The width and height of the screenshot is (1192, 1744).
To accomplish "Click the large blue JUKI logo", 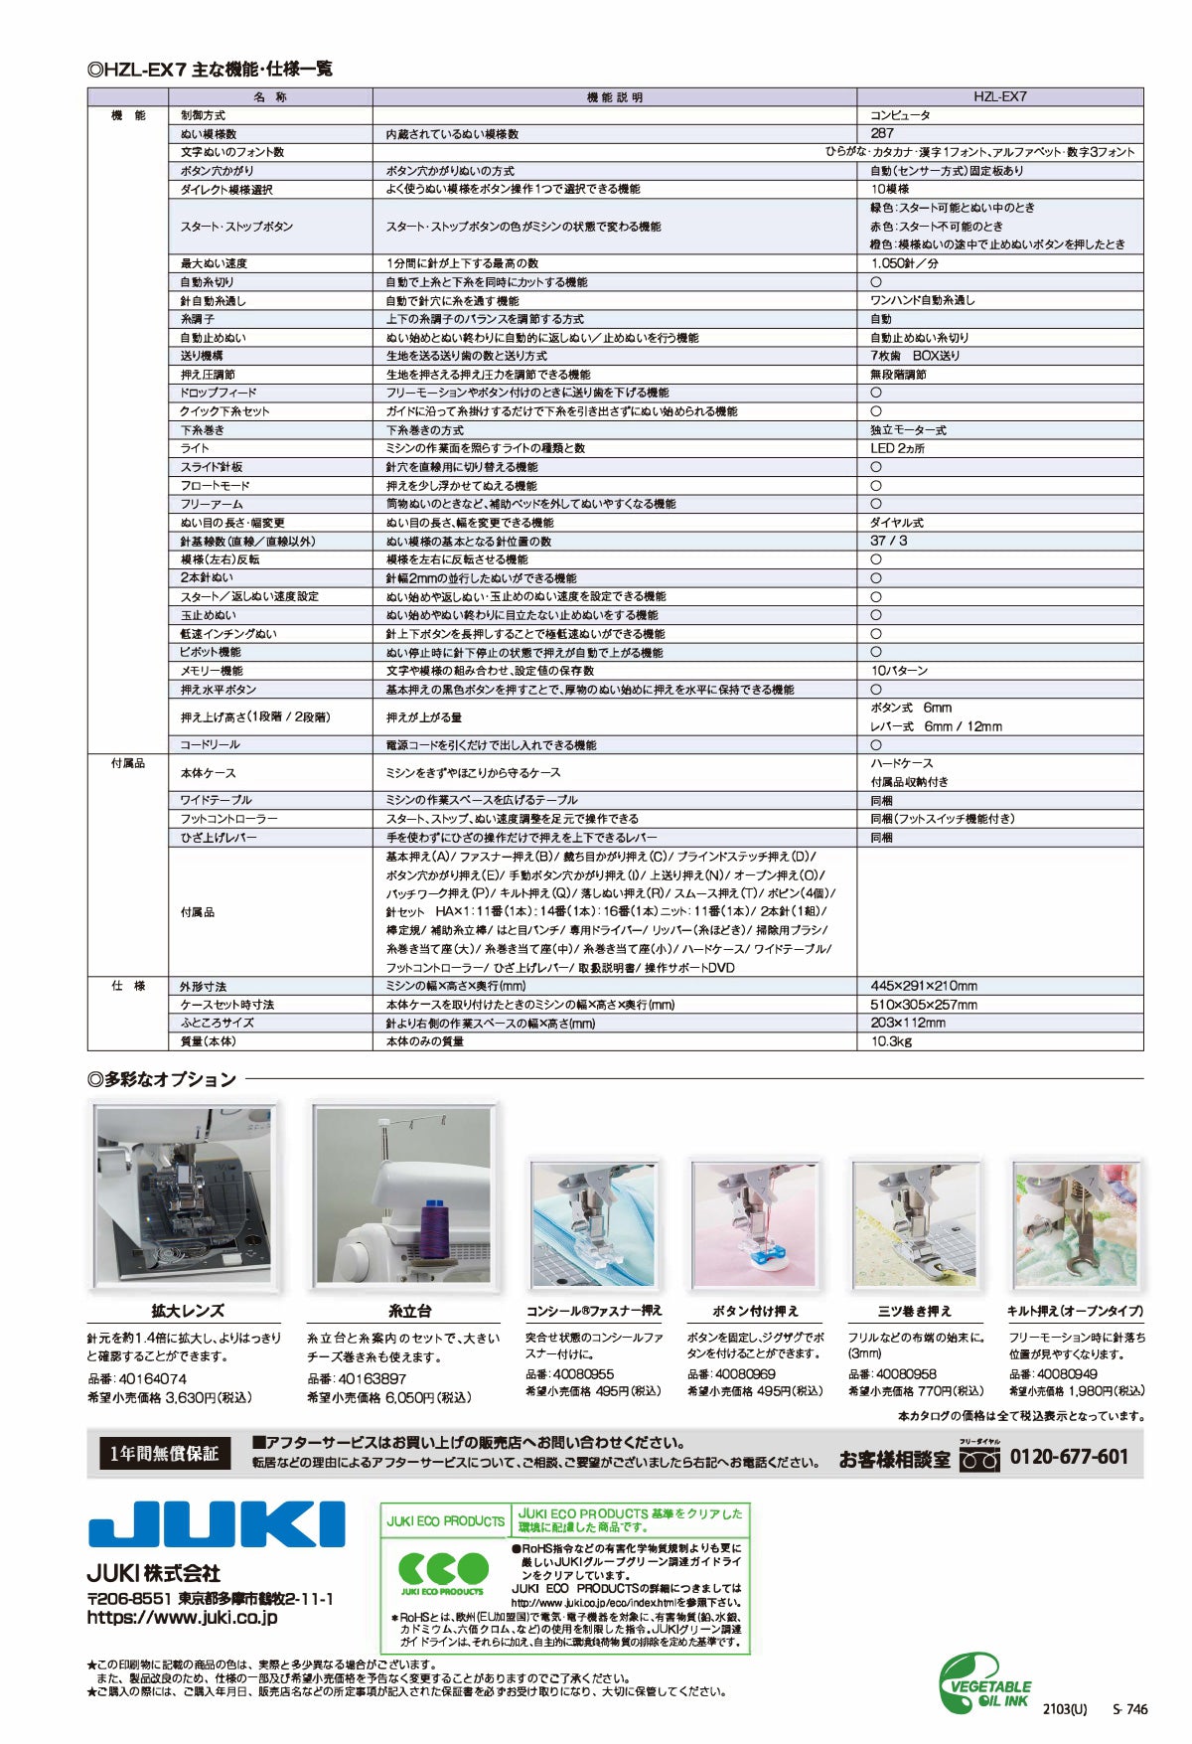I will [216, 1523].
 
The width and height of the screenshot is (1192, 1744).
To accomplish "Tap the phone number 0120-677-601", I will [1069, 1457].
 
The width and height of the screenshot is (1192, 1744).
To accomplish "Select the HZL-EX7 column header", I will [999, 97].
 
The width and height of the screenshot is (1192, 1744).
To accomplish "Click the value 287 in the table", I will [882, 133].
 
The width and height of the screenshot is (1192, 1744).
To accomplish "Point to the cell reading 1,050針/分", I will [905, 263].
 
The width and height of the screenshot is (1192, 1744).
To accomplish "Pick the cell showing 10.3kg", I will [891, 1041].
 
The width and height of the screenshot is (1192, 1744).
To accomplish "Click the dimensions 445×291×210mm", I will [923, 986].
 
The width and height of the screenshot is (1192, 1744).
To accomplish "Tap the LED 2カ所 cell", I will [898, 448].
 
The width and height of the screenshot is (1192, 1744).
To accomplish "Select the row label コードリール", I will [210, 744].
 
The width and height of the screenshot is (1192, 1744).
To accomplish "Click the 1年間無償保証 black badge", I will [164, 1454].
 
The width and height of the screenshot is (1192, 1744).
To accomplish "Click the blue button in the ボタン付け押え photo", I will [761, 1258].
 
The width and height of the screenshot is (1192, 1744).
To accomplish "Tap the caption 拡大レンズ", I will [187, 1311].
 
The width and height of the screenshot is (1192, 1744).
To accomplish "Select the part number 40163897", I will [372, 1378].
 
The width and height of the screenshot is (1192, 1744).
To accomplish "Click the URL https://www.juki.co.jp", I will [182, 1617].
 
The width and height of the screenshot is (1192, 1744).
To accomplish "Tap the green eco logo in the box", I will [443, 1569].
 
